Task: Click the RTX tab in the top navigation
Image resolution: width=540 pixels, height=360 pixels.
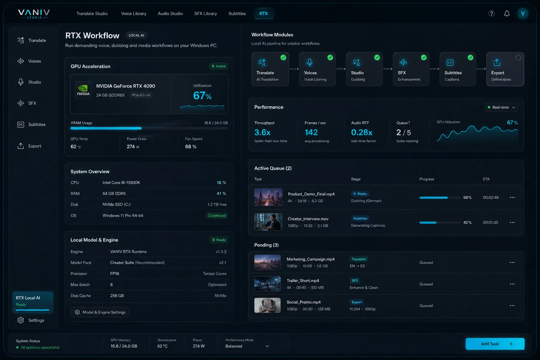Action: coord(264,14)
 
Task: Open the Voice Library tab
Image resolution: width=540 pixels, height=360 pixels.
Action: coord(134,14)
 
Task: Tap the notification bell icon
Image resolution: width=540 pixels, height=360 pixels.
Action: coord(507,14)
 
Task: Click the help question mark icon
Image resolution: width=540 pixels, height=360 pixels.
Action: coord(491,14)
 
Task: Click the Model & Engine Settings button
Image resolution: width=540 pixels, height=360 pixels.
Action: coord(100,312)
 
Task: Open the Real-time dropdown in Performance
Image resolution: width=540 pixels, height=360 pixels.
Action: coord(501,107)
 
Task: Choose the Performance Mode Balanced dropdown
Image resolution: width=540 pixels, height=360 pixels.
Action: coord(247,346)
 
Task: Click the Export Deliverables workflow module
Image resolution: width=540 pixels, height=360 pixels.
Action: coord(505,69)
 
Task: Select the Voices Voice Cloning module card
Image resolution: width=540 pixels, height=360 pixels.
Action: coord(317,69)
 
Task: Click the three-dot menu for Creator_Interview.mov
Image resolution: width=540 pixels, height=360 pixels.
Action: coord(512,223)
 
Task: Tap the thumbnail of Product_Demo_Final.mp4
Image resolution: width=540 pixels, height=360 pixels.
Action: coord(268,197)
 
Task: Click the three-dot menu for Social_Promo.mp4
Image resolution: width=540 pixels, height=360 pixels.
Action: coord(512,306)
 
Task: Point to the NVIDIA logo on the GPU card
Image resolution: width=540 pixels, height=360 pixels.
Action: coord(83,90)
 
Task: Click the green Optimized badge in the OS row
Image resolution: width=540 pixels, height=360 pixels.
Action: coord(217,216)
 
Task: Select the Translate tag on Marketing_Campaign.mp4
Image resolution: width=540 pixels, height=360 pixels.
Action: coord(359,259)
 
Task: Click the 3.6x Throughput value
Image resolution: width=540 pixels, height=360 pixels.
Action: coord(262,133)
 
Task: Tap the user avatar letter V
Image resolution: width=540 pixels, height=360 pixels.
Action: coord(523,14)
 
